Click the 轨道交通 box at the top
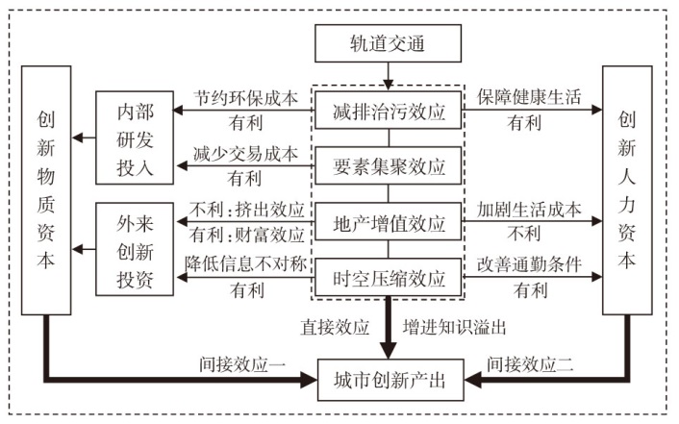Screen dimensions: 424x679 [x=388, y=42]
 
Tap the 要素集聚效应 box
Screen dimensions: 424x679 [x=388, y=167]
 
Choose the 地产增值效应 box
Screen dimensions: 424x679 [x=388, y=224]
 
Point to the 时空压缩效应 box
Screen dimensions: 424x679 [x=388, y=280]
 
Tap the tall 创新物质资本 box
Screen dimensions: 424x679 [x=46, y=188]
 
